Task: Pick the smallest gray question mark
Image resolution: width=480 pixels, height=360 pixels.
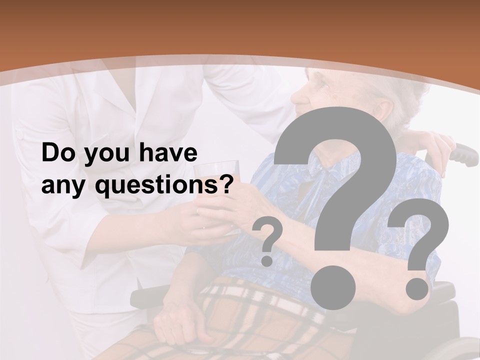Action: (267, 235)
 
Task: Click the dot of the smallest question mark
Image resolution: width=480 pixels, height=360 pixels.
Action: (267, 260)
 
